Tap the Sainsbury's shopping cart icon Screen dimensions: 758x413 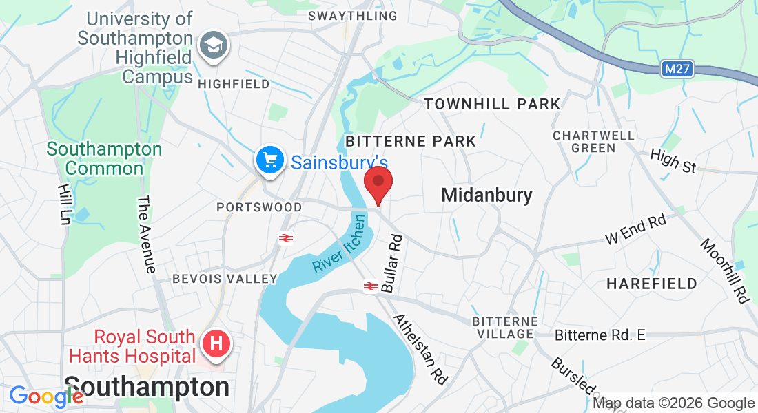(269, 160)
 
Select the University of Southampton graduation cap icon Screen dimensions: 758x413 (213, 47)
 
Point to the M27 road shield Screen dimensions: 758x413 (678, 69)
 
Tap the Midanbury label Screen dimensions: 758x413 (486, 195)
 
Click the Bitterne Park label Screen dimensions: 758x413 (411, 141)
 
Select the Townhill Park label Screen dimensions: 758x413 (492, 104)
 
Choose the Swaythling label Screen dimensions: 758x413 (353, 15)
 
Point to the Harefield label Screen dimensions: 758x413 (652, 283)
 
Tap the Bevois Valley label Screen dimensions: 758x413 (225, 279)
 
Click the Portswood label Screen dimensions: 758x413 (259, 207)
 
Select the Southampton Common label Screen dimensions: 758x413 (105, 158)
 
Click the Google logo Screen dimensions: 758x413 (46, 396)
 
